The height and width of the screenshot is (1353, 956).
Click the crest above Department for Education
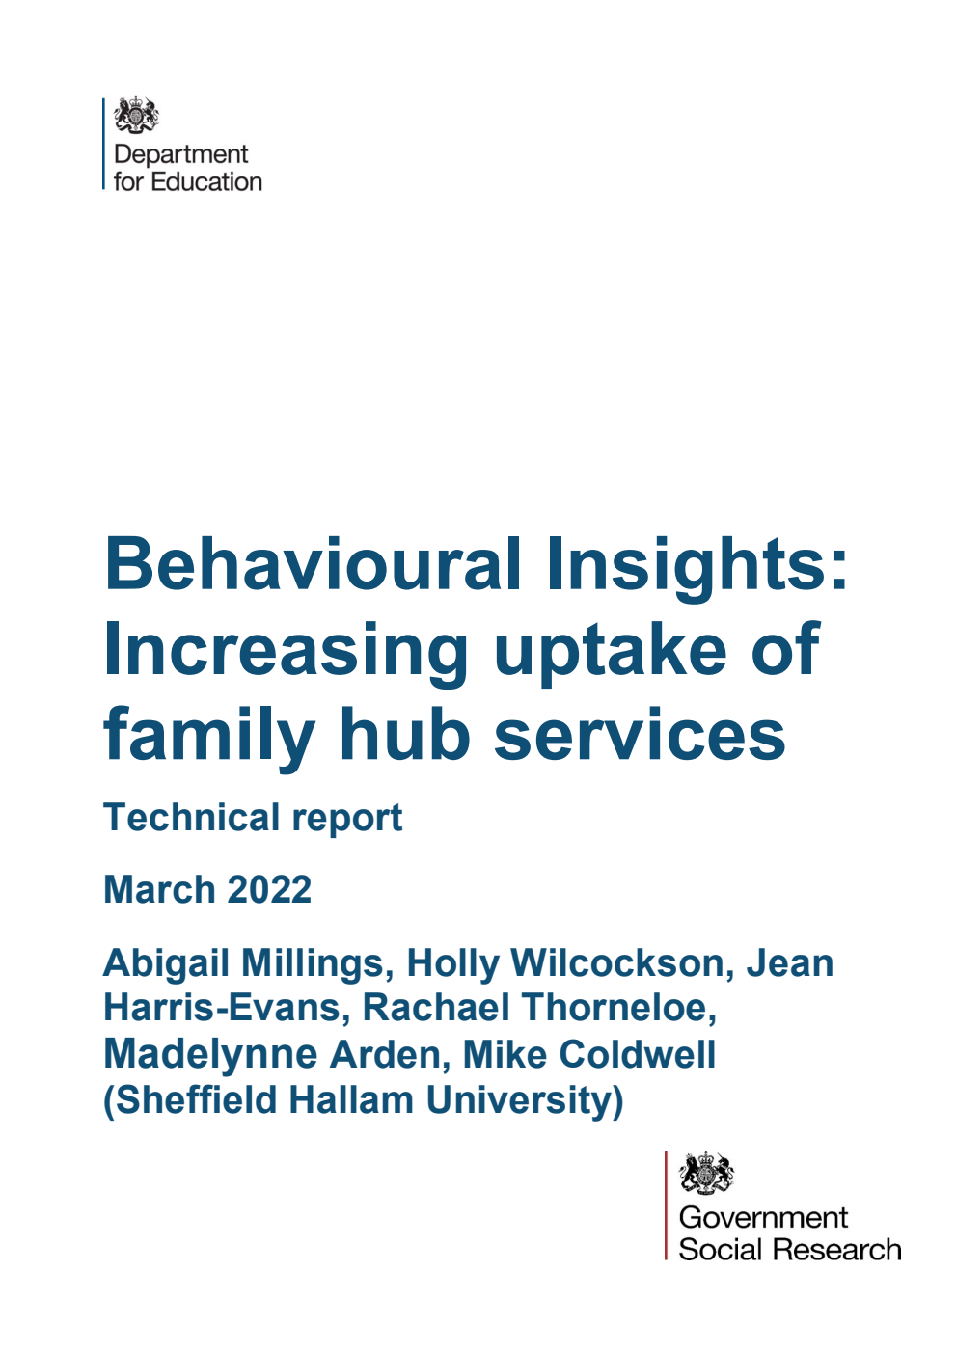136,116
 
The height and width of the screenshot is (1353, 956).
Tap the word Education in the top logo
206,181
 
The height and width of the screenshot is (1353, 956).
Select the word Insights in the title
697,565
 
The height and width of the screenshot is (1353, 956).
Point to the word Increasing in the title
286,650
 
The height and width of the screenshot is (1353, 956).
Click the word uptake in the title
609,650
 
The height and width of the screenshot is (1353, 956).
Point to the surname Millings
315,962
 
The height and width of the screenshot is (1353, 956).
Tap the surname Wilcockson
617,962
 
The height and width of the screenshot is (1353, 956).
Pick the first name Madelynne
210,1054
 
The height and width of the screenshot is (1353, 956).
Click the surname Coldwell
639,1054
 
